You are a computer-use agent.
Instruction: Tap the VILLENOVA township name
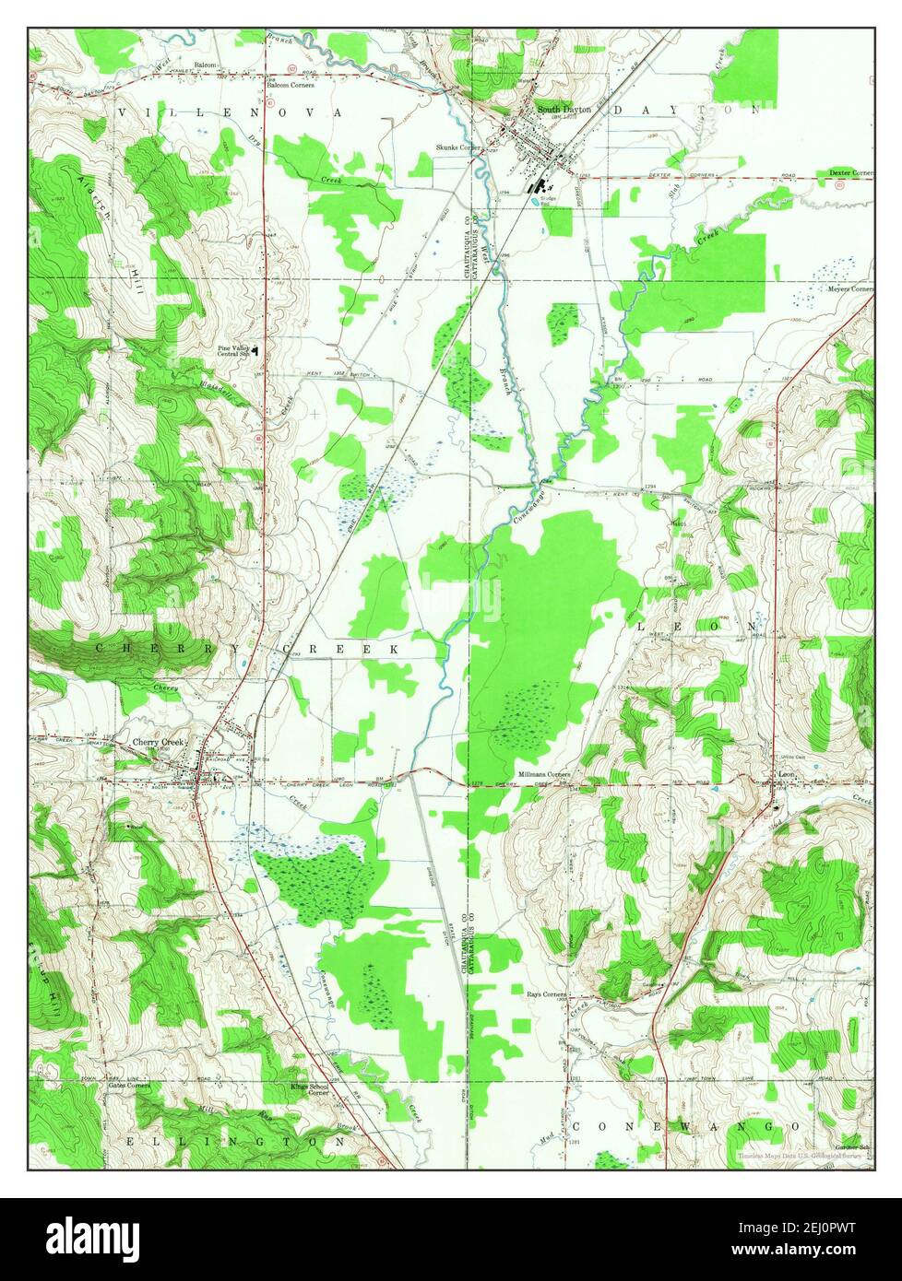click(x=231, y=112)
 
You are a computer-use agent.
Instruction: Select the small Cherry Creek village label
click(x=159, y=742)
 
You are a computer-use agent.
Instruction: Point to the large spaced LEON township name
click(x=697, y=626)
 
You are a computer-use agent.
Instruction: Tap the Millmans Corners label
click(x=545, y=774)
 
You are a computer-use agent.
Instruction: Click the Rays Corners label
click(x=545, y=995)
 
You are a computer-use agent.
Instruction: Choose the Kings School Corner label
click(x=309, y=1088)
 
